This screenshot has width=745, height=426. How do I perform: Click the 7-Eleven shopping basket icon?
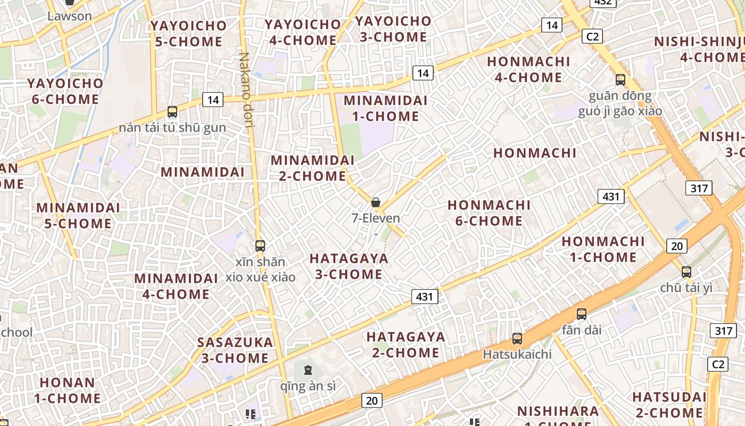coord(376,202)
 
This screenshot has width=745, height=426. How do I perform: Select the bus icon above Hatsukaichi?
coord(517,338)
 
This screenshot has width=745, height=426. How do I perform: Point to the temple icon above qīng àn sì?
coord(308,370)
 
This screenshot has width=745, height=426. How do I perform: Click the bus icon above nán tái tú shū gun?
coord(172,112)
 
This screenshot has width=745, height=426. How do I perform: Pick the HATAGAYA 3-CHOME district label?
coord(349,266)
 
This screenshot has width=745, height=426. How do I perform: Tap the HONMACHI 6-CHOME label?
coord(489,213)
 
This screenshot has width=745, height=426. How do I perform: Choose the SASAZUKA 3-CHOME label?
coord(235,350)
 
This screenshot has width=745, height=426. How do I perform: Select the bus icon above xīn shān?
coord(260,245)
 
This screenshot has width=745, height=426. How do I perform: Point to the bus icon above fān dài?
coord(582,314)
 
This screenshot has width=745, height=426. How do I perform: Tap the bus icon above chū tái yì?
coord(686,272)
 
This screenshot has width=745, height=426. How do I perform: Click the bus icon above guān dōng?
coord(620,80)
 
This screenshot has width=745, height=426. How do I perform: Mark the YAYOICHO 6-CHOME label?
coord(65,91)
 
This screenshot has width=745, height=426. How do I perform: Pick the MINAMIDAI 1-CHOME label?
coord(385,108)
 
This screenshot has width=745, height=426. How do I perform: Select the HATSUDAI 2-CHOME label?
coord(669,405)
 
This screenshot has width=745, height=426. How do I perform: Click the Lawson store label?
coord(70,16)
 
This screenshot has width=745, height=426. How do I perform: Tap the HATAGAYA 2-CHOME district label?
coord(405,345)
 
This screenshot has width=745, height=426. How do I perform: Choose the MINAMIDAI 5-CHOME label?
coord(78,215)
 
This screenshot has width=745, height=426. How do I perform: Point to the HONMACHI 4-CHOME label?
coord(528,69)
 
